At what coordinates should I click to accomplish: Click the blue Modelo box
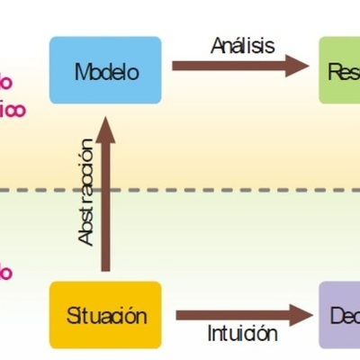pyautogui.click(x=105, y=72)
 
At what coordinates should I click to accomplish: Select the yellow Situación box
pyautogui.click(x=105, y=315)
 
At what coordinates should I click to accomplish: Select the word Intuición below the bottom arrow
pyautogui.click(x=242, y=334)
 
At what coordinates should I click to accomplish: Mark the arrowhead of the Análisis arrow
pyautogui.click(x=295, y=65)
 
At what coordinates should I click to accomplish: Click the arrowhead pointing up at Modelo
pyautogui.click(x=107, y=128)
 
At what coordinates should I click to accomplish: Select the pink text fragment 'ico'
pyautogui.click(x=12, y=110)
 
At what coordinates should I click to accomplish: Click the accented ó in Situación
pyautogui.click(x=130, y=316)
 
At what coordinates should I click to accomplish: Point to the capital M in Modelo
pyautogui.click(x=83, y=72)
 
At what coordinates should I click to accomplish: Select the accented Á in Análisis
pyautogui.click(x=218, y=44)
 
